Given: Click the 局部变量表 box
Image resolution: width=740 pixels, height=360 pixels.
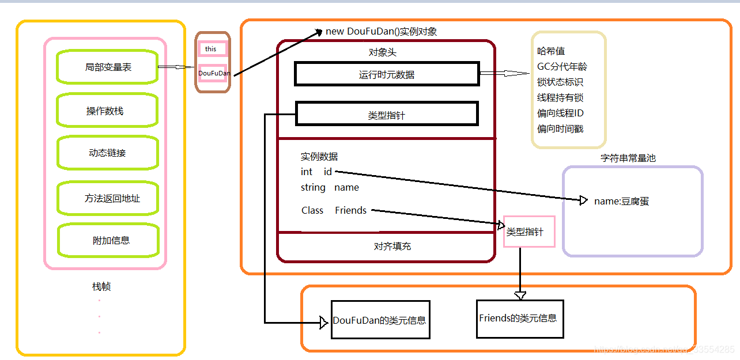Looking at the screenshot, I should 107,67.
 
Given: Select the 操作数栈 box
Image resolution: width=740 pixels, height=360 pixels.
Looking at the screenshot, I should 107,111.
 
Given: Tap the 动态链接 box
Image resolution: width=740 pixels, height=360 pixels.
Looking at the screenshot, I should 107,153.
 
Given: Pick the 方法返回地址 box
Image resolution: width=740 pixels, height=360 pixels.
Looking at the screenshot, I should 107,198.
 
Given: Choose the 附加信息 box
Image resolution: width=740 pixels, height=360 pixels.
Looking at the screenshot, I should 107,240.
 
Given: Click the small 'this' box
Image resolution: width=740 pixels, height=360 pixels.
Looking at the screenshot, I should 212,49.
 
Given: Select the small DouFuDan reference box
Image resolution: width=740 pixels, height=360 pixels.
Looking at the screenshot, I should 213,74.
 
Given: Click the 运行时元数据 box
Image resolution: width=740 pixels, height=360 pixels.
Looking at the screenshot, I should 386,74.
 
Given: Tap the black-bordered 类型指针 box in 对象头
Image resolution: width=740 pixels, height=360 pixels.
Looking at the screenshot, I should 386,114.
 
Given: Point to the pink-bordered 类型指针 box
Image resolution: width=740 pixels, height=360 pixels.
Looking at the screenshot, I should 528,232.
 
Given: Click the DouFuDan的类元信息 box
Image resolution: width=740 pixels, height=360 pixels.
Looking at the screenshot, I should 380,320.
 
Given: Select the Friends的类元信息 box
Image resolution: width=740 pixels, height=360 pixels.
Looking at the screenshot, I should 519,318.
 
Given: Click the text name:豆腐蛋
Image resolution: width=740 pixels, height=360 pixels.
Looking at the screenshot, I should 621,202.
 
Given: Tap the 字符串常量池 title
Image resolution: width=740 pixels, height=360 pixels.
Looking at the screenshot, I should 628,158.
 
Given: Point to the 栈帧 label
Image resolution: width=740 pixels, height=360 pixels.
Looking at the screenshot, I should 101,286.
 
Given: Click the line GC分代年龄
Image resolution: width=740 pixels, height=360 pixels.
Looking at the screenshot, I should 562,67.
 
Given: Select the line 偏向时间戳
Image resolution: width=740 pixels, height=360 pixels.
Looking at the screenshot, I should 560,129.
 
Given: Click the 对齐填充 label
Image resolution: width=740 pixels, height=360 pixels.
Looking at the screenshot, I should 392,247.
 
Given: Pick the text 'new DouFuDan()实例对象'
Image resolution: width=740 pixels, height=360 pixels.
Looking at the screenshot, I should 381,32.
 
